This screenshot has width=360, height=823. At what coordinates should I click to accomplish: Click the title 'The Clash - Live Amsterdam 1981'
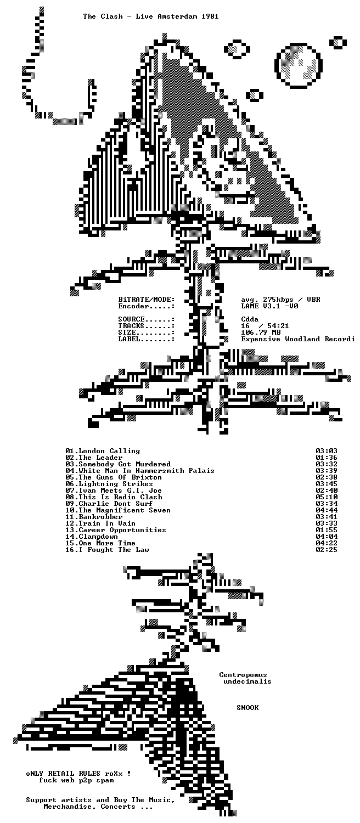(150, 16)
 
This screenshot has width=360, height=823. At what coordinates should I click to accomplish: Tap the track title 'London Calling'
(109, 451)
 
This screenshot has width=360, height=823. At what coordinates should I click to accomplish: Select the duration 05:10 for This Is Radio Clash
(327, 497)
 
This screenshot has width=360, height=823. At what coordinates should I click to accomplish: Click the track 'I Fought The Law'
(114, 550)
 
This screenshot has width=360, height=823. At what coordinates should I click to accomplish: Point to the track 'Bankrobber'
(100, 517)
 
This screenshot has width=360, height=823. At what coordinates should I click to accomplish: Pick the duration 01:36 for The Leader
(327, 458)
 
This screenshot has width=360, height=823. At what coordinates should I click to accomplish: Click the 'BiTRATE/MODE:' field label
(146, 300)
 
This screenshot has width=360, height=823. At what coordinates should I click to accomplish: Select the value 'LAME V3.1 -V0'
(269, 306)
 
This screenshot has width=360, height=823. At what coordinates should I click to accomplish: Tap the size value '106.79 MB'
(261, 332)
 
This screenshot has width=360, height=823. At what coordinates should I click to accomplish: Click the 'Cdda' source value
(250, 319)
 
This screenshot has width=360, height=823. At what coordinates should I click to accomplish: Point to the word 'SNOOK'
(248, 707)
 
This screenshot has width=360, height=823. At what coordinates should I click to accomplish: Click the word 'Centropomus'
(243, 674)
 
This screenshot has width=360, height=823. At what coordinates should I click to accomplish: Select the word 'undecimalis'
(248, 681)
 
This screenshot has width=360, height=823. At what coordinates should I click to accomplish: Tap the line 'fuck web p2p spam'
(76, 780)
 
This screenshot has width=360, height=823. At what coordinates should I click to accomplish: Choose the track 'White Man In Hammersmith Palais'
(147, 471)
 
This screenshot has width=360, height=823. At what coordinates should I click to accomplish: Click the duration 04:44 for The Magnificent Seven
(327, 510)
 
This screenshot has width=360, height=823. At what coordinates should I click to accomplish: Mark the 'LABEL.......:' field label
(146, 339)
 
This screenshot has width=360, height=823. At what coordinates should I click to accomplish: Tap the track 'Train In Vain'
(107, 523)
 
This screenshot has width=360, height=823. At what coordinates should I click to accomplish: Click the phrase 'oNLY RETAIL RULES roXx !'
(78, 774)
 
